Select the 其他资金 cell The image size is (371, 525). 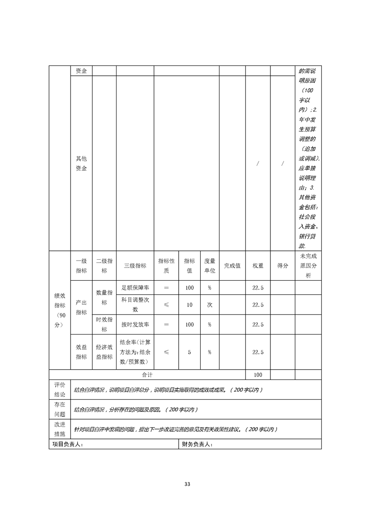pyautogui.click(x=81, y=163)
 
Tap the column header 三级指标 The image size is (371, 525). pyautogui.click(x=135, y=265)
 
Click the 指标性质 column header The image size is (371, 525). pyautogui.click(x=166, y=265)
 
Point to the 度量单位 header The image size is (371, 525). pyautogui.click(x=210, y=265)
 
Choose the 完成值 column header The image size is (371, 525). pyautogui.click(x=232, y=265)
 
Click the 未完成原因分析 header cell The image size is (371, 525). pyautogui.click(x=308, y=265)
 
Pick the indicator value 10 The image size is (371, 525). pyautogui.click(x=189, y=305)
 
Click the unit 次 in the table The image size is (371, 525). pyautogui.click(x=210, y=305)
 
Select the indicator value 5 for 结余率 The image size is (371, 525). pyautogui.click(x=189, y=352)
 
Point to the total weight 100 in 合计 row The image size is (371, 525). pyautogui.click(x=258, y=375)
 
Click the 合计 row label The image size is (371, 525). pyautogui.click(x=147, y=375)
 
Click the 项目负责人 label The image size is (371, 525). pyautogui.click(x=68, y=445)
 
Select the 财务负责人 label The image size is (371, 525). pyautogui.click(x=197, y=445)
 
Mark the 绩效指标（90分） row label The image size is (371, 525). pyautogui.click(x=59, y=311)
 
